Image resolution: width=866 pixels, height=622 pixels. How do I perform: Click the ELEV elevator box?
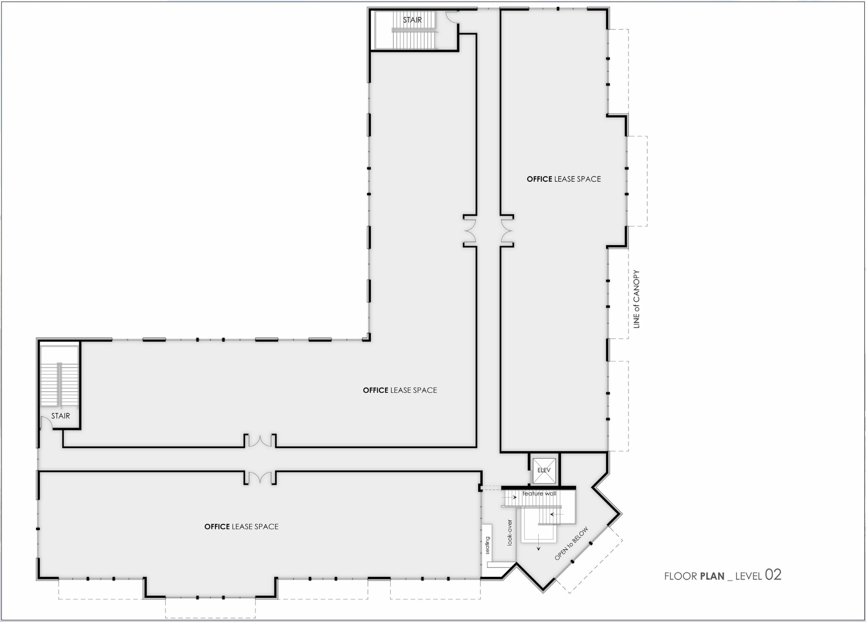tap(544, 470)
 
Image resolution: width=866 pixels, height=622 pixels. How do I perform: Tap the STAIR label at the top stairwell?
tap(412, 20)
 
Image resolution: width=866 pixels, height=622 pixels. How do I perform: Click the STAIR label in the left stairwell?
tap(60, 416)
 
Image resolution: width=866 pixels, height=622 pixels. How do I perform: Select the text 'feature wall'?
tap(539, 493)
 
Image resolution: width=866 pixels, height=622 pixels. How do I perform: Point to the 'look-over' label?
tap(510, 532)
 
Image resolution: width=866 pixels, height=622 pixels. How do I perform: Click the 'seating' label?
tap(487, 545)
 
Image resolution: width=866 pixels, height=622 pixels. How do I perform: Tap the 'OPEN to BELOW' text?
tap(571, 544)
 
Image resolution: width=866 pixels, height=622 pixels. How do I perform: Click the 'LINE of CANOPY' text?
tap(636, 299)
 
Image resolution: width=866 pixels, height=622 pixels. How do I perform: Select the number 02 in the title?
tap(773, 575)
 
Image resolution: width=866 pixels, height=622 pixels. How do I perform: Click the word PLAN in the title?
tap(712, 576)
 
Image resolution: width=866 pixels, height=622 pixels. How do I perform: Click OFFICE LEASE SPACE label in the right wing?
tap(564, 179)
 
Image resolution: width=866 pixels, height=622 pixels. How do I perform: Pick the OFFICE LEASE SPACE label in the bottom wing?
tap(241, 526)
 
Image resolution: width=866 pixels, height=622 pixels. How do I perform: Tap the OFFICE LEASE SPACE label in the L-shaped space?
tap(400, 390)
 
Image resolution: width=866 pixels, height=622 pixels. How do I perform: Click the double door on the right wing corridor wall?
tap(507, 231)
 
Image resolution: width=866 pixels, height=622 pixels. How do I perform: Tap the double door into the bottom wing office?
tap(260, 478)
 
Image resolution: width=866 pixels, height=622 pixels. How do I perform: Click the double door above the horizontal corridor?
tap(260, 441)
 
